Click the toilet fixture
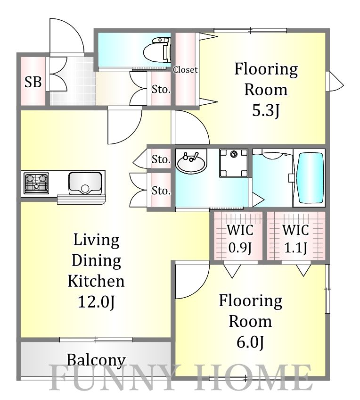[157, 50]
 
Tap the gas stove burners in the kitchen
[36, 183]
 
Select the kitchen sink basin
[85, 183]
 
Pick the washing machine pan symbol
[234, 163]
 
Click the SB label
[33, 82]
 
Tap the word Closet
[185, 70]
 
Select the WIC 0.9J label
[240, 239]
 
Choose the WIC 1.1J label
[295, 239]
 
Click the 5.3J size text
[266, 111]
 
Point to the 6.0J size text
[250, 342]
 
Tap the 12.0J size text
[96, 302]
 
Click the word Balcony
[96, 360]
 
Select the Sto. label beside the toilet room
[161, 89]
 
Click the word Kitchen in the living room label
[96, 281]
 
